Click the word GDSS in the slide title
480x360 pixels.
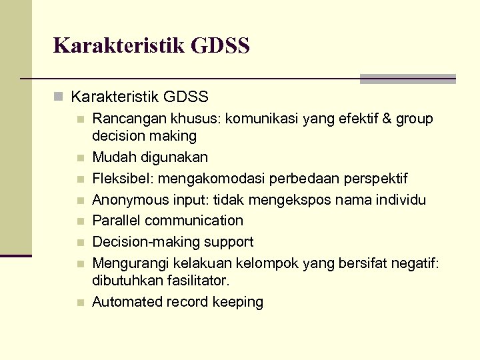(220, 46)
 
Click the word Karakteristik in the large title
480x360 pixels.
(118, 46)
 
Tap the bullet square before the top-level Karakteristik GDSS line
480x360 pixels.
(59, 97)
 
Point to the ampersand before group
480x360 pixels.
(387, 119)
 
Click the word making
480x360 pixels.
(173, 136)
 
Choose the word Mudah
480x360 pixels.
(111, 158)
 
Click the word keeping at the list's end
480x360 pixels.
(238, 302)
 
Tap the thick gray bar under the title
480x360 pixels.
(407, 79)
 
